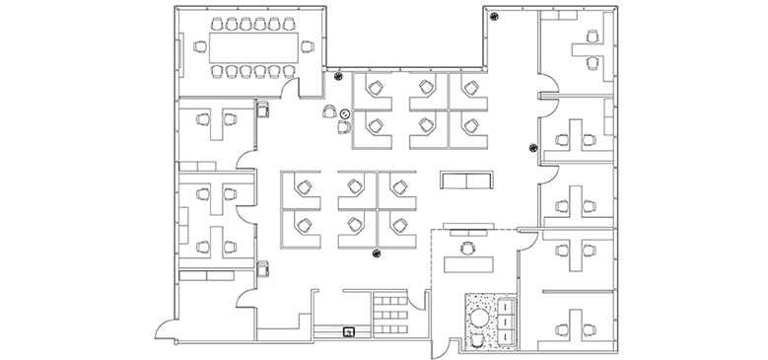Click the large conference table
point(253,46)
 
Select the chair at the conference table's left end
point(200,46)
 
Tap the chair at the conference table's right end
point(308,46)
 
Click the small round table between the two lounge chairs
point(344,114)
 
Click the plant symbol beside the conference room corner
point(338,76)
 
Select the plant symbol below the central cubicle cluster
point(376,256)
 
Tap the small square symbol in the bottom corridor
point(349,331)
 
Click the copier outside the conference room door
point(263,108)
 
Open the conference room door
point(290,89)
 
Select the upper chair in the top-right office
point(593,36)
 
